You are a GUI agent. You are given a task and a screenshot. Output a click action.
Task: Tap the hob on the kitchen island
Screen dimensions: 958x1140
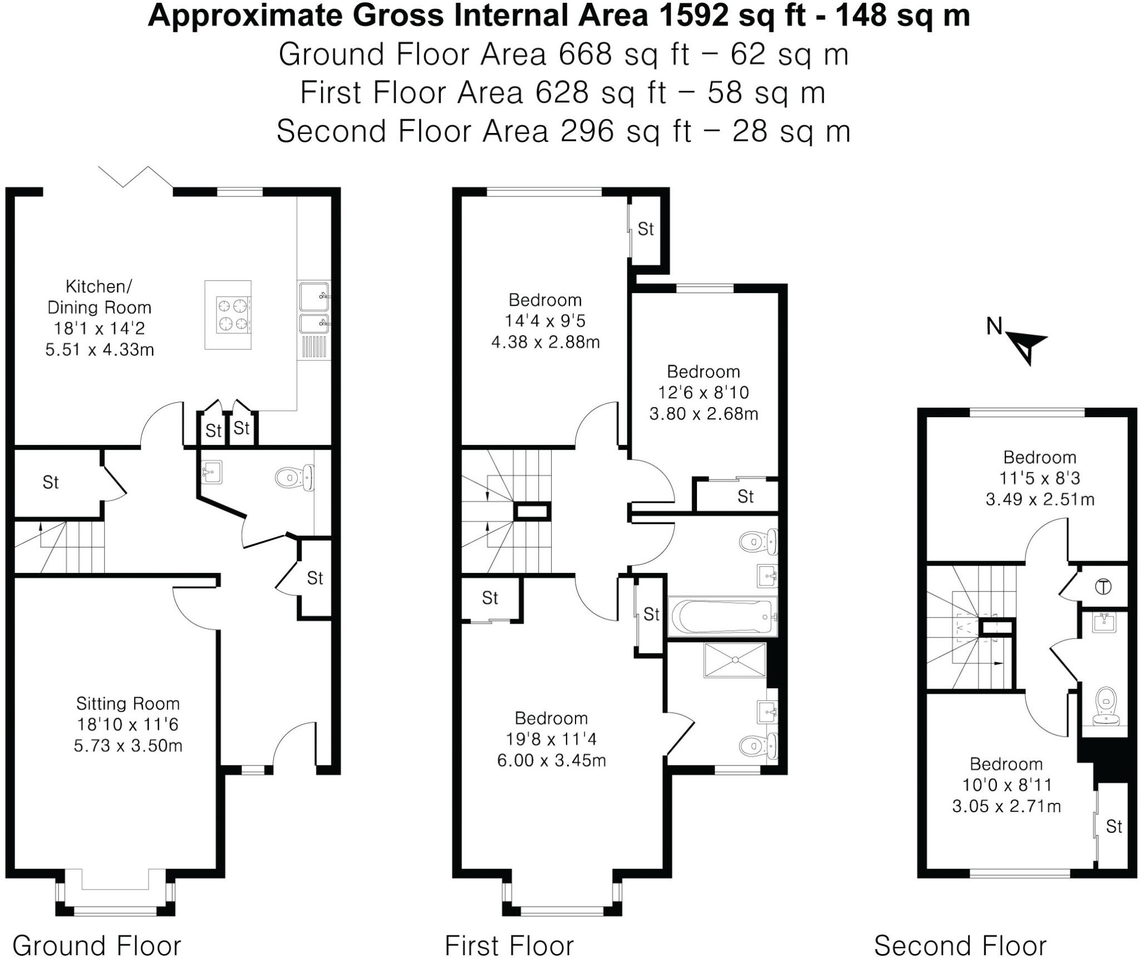pyautogui.click(x=233, y=315)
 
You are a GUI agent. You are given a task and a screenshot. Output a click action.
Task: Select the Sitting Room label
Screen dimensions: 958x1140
pyautogui.click(x=127, y=704)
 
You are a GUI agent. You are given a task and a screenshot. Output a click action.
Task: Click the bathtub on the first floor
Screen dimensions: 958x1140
pyautogui.click(x=722, y=616)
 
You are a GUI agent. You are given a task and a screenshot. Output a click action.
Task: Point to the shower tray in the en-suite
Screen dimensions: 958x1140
pyautogui.click(x=735, y=660)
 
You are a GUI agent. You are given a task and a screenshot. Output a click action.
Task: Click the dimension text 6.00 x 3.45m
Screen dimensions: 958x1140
pyautogui.click(x=551, y=760)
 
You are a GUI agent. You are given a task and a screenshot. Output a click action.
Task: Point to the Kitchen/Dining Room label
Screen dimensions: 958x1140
pyautogui.click(x=99, y=297)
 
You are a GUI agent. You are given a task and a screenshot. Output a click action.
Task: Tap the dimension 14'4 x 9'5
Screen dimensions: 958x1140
pyautogui.click(x=545, y=321)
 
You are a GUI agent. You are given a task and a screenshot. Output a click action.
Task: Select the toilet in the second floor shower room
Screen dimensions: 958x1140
pyautogui.click(x=1105, y=706)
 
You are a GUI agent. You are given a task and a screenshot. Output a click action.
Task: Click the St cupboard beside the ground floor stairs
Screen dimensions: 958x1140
pyautogui.click(x=51, y=482)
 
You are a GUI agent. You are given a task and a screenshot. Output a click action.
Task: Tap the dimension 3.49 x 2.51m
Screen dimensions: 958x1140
pyautogui.click(x=1039, y=499)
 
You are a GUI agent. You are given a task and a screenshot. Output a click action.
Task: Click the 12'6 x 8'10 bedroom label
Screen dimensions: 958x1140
pyautogui.click(x=703, y=393)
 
